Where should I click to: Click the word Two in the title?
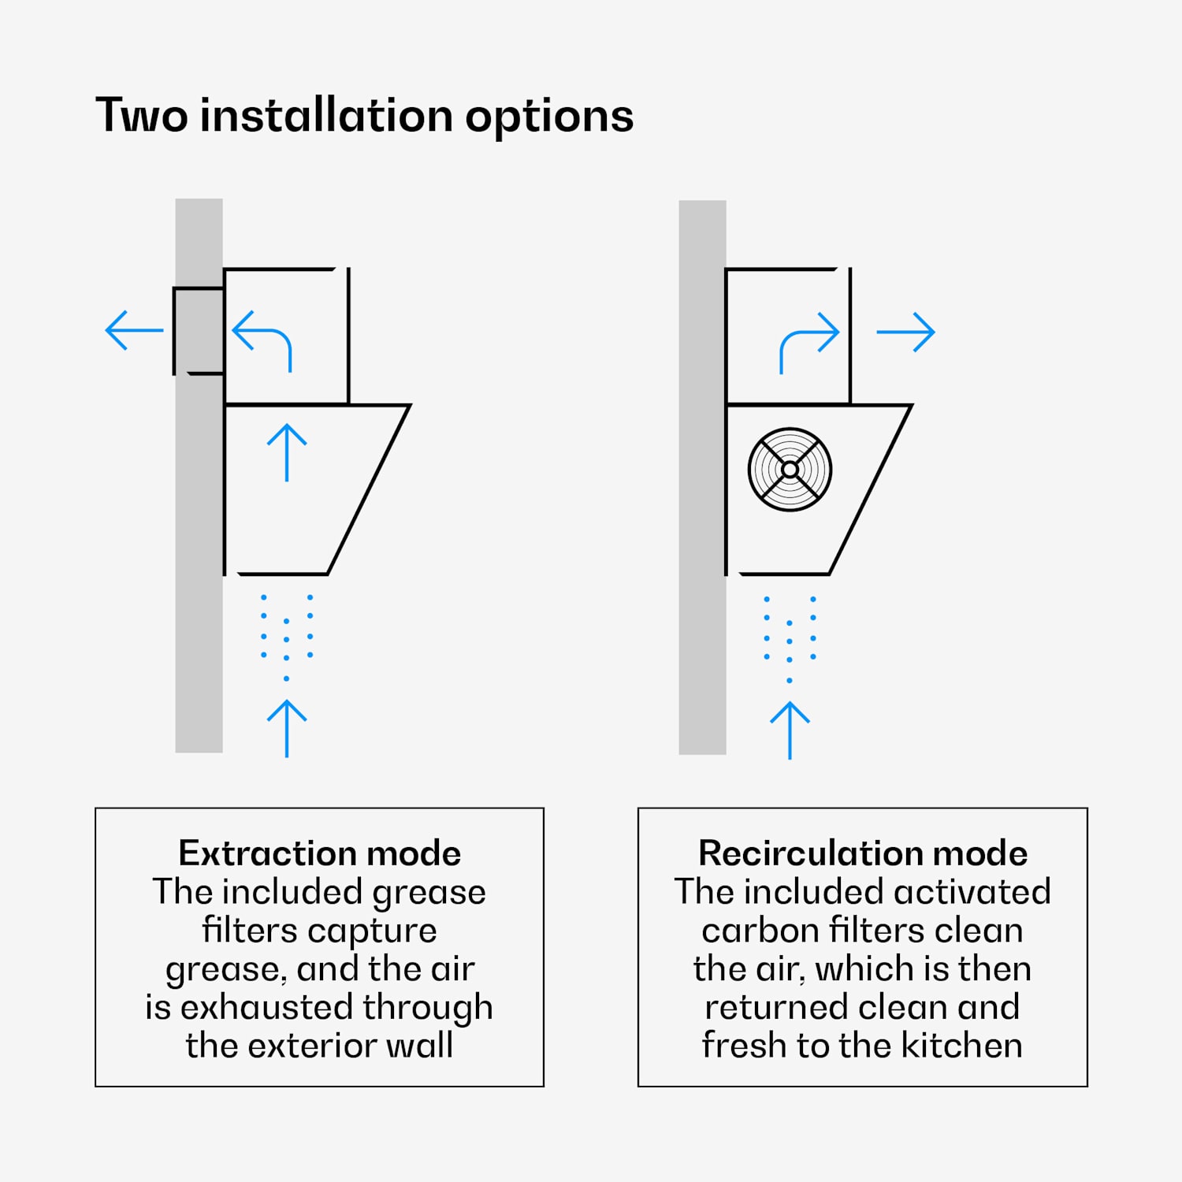coord(142,116)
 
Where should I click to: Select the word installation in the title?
coord(326,115)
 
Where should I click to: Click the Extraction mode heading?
coord(319,853)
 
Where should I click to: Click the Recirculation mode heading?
coord(863,853)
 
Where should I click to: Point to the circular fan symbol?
coord(790,470)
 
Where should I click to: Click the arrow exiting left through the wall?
coord(134,330)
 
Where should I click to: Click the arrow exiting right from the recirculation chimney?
coord(905,332)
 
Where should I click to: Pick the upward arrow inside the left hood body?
coord(287,452)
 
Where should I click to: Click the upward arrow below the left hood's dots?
coord(287,728)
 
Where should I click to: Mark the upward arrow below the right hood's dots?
coord(790,730)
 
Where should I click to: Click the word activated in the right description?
coord(972,892)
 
